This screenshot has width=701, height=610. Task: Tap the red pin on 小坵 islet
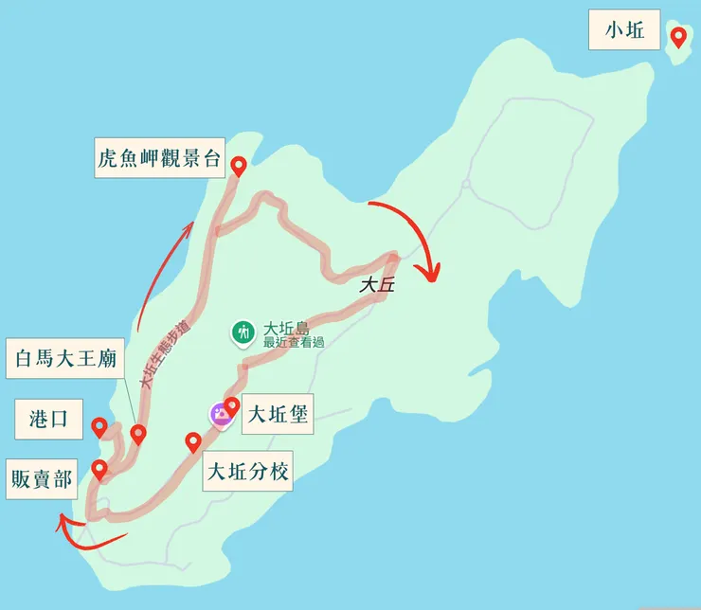(678, 37)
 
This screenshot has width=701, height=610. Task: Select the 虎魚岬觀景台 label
(159, 158)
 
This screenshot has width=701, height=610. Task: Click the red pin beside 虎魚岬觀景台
(239, 166)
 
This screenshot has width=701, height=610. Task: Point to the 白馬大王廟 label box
(65, 358)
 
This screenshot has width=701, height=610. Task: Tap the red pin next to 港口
(99, 428)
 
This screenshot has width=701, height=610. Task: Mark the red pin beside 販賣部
(99, 469)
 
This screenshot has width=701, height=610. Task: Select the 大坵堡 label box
(277, 414)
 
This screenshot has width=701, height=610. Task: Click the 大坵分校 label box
(248, 471)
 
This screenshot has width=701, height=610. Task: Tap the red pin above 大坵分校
(193, 441)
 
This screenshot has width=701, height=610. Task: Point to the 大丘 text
(376, 284)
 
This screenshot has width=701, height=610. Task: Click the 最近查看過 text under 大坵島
(294, 342)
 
